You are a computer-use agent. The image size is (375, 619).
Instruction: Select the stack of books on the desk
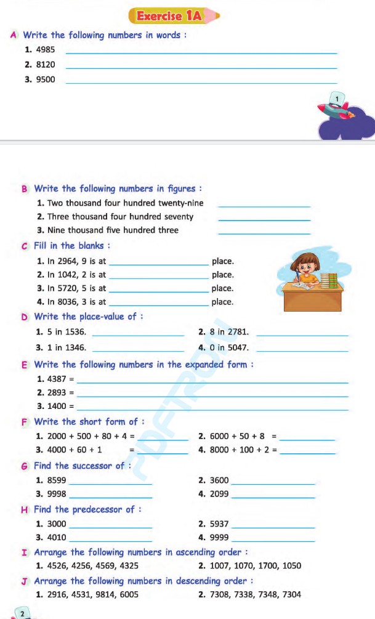333,282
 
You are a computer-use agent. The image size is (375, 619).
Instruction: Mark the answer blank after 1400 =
212,407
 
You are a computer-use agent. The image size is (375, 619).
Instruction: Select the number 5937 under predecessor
219,524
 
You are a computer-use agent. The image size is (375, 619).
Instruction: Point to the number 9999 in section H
219,538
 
